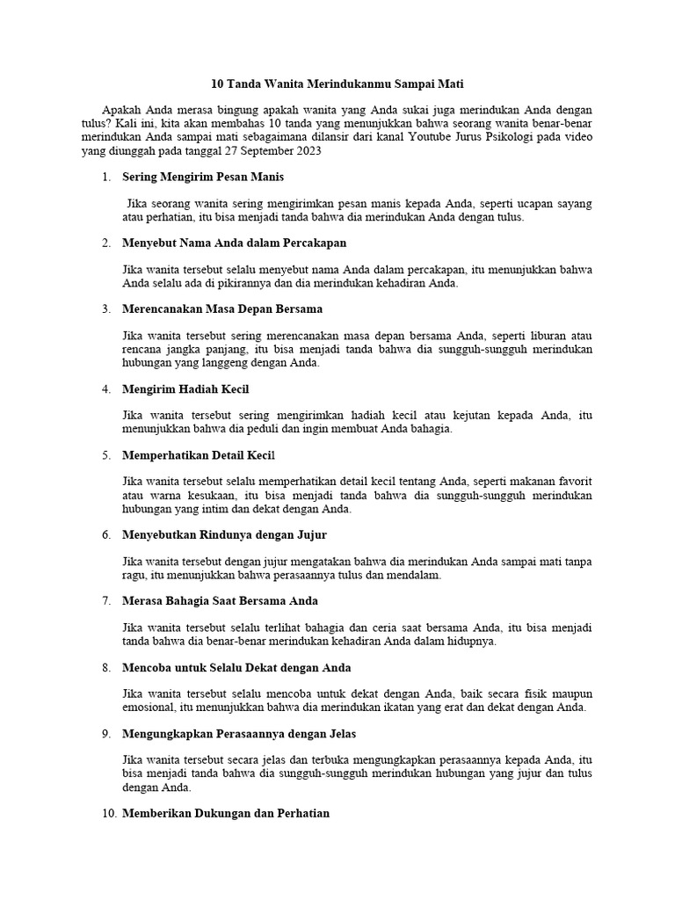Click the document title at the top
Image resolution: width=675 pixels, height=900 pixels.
pos(337,84)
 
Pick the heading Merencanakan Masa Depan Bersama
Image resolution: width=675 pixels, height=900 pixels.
pos(223,308)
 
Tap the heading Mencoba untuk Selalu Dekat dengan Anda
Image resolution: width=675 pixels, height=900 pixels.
pos(237,667)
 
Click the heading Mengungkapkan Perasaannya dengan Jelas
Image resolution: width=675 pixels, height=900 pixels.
pos(240,733)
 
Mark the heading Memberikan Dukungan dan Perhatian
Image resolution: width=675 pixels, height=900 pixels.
pos(227,813)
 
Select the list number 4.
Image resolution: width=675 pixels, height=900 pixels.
pos(105,388)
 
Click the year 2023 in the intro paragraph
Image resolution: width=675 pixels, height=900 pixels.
pos(308,150)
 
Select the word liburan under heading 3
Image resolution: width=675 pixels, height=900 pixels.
pos(538,335)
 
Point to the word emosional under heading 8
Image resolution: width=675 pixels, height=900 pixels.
pos(151,707)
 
